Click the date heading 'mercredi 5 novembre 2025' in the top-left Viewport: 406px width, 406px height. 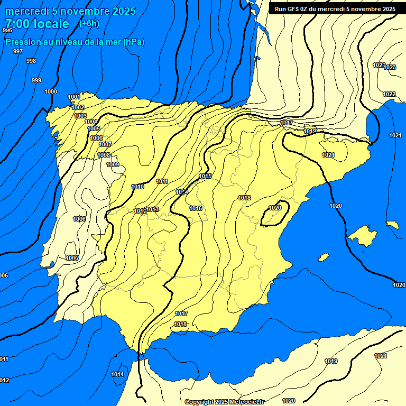coord(70,11)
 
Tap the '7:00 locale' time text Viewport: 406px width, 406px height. coord(37,24)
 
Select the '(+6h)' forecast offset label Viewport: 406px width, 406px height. coord(89,23)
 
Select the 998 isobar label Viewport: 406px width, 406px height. coord(31,61)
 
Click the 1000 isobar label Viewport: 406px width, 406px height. coord(51,91)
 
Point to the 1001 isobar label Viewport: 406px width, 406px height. coord(74,97)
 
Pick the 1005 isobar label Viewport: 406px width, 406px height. coord(94,128)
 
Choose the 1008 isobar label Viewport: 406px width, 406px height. coord(104,155)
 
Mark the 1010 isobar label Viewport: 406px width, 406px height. coord(137,187)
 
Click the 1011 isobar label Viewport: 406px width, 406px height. coord(162,181)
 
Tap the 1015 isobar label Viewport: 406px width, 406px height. coord(206,176)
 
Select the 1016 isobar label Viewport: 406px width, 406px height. coord(196,208)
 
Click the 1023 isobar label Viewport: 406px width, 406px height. coord(390,67)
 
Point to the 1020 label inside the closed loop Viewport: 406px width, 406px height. coord(275,208)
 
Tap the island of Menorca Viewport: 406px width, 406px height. coord(392,225)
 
